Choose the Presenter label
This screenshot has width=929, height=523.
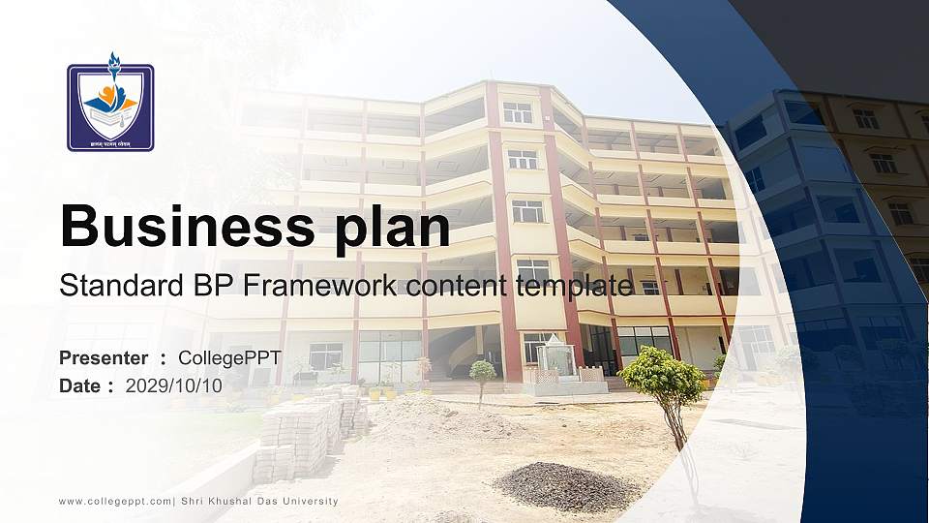[104, 358]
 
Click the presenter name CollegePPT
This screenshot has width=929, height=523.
[229, 358]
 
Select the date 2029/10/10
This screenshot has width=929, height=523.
[174, 385]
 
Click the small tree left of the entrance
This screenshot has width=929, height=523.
[482, 373]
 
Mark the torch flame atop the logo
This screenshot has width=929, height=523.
[113, 65]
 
